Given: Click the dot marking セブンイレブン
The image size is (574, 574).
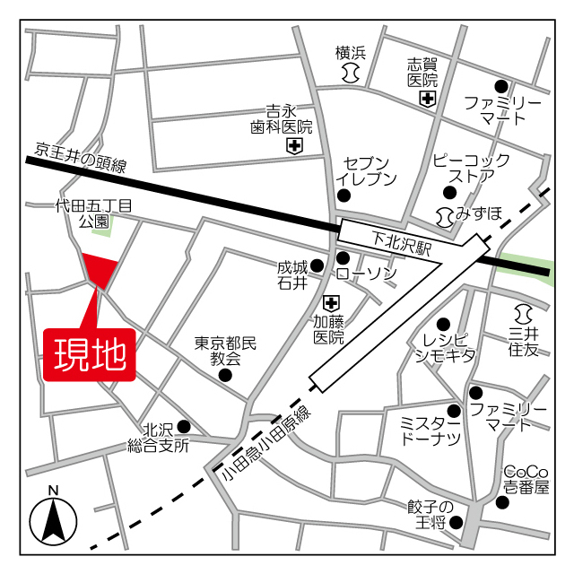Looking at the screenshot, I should point(342,194).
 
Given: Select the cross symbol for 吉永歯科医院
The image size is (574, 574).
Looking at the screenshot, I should point(294,145).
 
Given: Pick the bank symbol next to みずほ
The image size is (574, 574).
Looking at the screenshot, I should point(444,214).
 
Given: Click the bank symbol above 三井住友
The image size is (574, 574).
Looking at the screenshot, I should point(524,314).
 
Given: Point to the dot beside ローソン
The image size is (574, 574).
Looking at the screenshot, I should point(342,258).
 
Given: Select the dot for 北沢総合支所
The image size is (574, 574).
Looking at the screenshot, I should point(183,426).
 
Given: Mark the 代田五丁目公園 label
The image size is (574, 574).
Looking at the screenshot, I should point(93,213).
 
